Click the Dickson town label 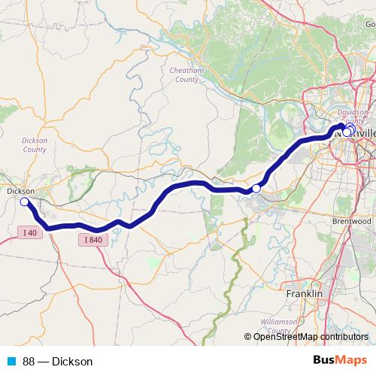[20, 192]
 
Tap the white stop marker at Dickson [24, 202]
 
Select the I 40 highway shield [29, 233]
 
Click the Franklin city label [305, 293]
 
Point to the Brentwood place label [351, 222]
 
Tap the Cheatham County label [184, 74]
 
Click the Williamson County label [280, 326]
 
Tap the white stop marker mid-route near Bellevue [256, 188]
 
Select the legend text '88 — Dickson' [58, 361]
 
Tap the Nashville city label [361, 132]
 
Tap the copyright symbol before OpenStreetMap [248, 336]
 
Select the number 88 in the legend [29, 361]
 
